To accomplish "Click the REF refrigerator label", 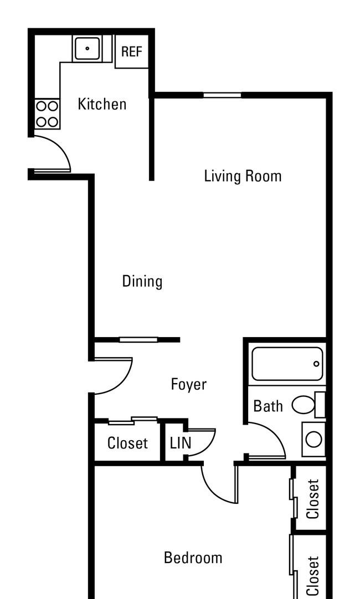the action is (x=131, y=51).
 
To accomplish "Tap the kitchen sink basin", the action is (x=87, y=48).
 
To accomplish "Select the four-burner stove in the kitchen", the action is (x=48, y=114).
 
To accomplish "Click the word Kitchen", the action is (x=102, y=104).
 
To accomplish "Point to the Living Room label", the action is (x=243, y=176).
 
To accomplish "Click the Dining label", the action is (x=142, y=282).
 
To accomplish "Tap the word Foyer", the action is (x=188, y=384).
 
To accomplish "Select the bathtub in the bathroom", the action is (x=287, y=364).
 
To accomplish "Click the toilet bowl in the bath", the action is (x=304, y=405).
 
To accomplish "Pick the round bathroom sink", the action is (x=314, y=439).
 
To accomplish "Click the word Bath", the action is (x=268, y=406).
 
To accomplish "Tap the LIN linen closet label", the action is (x=181, y=443).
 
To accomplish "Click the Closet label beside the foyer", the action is (x=127, y=443).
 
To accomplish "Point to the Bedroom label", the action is (x=193, y=557).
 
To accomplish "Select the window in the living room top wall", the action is (x=223, y=95).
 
